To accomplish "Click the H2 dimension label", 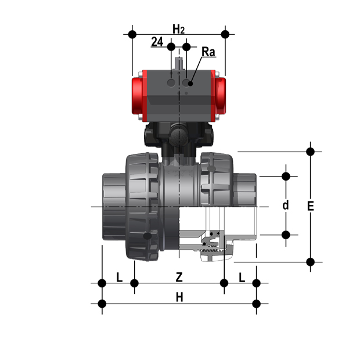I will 179,29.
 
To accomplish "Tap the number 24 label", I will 157,42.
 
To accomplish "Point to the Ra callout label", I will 208,52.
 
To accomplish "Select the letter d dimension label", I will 285,205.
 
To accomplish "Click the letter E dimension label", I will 311,206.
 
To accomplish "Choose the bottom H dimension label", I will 179,297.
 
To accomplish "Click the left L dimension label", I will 119,278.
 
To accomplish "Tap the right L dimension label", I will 242,278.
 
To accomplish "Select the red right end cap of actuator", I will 221,94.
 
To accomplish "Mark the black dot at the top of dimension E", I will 311,152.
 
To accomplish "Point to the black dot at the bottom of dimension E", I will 311,262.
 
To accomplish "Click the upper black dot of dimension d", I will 286,175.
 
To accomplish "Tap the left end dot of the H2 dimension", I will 134,34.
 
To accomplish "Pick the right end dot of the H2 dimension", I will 225,34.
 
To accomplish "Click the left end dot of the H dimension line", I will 102,303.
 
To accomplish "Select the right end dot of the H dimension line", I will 257,303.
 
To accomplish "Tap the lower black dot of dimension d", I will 286,235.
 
